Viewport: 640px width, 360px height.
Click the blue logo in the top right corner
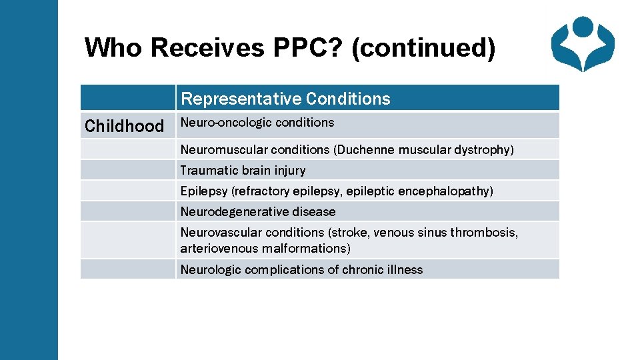(583, 44)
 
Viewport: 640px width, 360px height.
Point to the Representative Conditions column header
(285, 99)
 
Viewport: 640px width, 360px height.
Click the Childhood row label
(124, 126)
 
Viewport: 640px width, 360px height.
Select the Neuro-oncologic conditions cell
(257, 123)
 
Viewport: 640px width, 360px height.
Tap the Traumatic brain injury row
(243, 171)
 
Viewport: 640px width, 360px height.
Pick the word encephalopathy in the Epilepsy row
(445, 191)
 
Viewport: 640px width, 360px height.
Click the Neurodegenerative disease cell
(258, 212)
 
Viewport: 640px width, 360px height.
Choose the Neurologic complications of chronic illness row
(301, 270)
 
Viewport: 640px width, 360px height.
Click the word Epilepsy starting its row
(203, 191)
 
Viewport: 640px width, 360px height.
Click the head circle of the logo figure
(583, 27)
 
